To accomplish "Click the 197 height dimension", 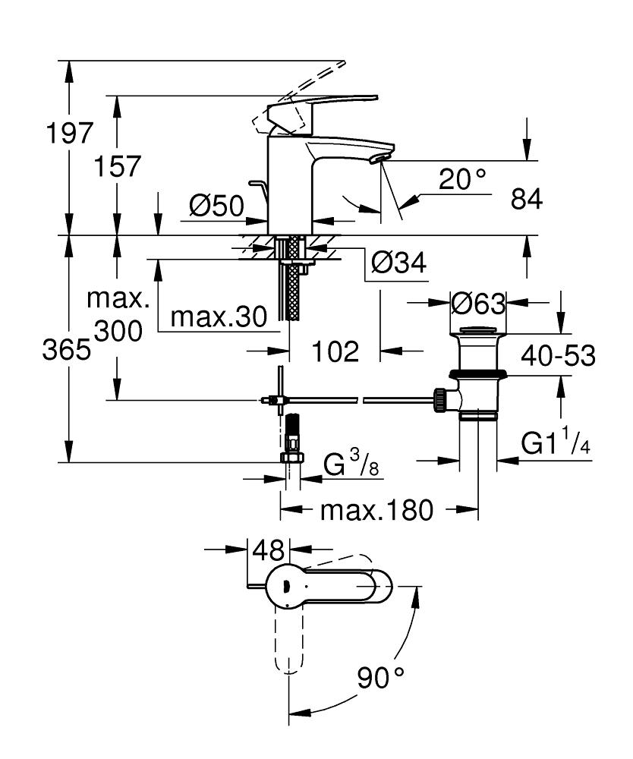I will pyautogui.click(x=68, y=134).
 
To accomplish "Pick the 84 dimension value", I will pyautogui.click(x=527, y=200).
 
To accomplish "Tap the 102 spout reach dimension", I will pyautogui.click(x=335, y=351).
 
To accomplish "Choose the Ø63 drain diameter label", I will pyautogui.click(x=477, y=304).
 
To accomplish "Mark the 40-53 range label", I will pyautogui.click(x=559, y=355).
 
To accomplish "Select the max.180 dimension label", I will pyautogui.click(x=376, y=510).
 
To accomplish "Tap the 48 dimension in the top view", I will pyautogui.click(x=269, y=549).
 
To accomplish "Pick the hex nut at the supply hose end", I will pyautogui.click(x=292, y=458).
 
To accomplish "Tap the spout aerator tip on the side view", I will pyautogui.click(x=377, y=159).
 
